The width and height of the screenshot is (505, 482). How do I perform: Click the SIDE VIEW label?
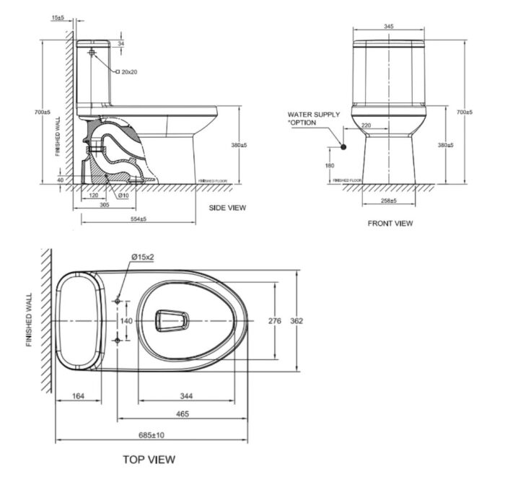227,207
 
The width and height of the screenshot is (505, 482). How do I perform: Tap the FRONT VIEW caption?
390,223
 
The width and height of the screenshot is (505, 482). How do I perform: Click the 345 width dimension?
389,26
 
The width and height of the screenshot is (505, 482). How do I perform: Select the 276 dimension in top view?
274,320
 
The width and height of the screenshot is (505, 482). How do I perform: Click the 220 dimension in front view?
366,126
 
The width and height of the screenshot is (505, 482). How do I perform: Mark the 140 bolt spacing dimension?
126,320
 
